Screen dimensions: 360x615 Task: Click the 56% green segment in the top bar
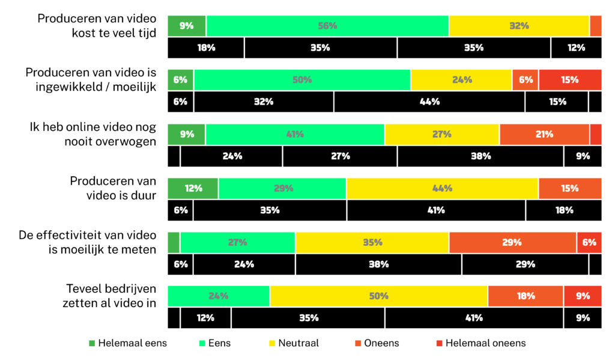point(327,26)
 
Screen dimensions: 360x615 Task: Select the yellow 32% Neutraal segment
point(519,26)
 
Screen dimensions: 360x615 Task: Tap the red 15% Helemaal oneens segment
point(570,80)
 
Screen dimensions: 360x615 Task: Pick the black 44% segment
point(429,102)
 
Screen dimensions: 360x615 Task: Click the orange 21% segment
point(544,134)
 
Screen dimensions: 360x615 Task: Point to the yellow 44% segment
point(442,188)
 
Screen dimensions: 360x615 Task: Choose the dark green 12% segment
point(193,188)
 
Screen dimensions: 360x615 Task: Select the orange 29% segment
point(512,242)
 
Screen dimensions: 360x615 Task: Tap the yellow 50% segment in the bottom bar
point(378,296)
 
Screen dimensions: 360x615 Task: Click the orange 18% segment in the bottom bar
point(526,296)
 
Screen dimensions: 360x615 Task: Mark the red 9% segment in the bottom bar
point(582,296)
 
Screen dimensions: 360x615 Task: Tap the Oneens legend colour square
point(358,343)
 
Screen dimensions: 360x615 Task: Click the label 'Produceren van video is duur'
point(113,188)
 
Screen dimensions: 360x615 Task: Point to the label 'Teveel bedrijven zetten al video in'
point(109,296)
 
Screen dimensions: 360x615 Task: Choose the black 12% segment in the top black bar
point(575,47)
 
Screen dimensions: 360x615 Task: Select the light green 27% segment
point(237,242)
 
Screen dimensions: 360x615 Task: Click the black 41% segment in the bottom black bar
point(474,318)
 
